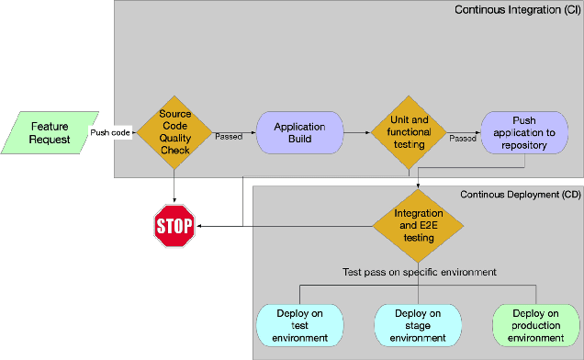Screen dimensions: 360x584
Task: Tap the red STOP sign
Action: (x=174, y=226)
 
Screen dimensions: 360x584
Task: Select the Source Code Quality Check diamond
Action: (x=174, y=132)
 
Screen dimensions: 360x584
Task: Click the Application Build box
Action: (x=299, y=132)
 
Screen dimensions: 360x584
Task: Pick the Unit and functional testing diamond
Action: (x=408, y=132)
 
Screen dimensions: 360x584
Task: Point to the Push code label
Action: (x=110, y=133)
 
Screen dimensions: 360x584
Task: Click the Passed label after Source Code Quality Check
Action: (x=230, y=138)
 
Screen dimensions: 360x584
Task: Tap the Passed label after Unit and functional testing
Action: (x=463, y=138)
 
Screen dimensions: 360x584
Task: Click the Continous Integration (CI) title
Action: (x=518, y=9)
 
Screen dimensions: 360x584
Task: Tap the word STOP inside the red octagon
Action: (x=174, y=226)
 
